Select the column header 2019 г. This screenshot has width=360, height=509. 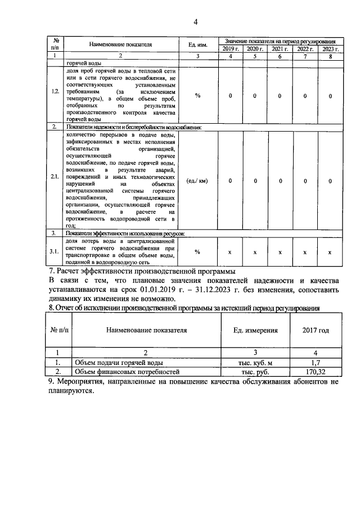(229, 49)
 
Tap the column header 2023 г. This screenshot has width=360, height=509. (330, 49)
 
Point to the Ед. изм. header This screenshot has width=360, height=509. (198, 44)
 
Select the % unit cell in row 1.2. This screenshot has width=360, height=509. (198, 96)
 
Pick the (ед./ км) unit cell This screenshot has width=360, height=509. (198, 181)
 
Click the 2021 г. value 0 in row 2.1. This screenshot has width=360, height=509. (280, 181)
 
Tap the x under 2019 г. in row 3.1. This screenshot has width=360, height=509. (229, 253)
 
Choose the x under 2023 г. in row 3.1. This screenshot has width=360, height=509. (330, 253)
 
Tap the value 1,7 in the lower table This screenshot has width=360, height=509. (316, 363)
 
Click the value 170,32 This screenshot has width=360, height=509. (316, 372)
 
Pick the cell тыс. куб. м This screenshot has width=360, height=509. (255, 363)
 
